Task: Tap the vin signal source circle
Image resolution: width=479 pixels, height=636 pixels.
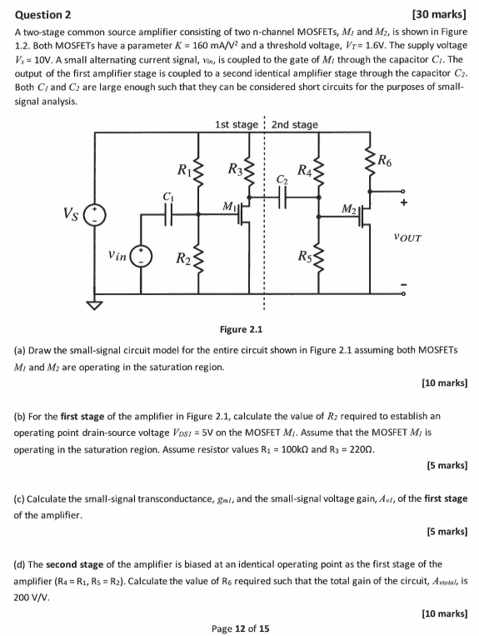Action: tap(144, 254)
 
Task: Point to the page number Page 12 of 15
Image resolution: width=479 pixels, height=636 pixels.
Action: tap(239, 627)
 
